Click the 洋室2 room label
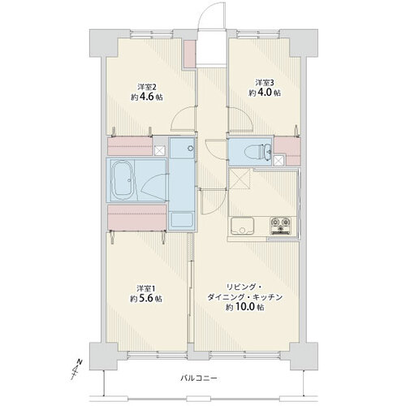pos(147,87)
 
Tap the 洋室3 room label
pos(265,82)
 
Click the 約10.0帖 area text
pos(245,308)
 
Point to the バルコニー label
pos(199,378)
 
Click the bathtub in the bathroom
pos(122,180)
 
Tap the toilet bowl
pos(257,152)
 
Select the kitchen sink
pos(242,226)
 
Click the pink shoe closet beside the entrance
pos(189,54)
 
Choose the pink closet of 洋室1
pos(136,218)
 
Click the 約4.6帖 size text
pos(147,97)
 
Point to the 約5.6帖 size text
pos(146,299)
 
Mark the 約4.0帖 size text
pos(265,93)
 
